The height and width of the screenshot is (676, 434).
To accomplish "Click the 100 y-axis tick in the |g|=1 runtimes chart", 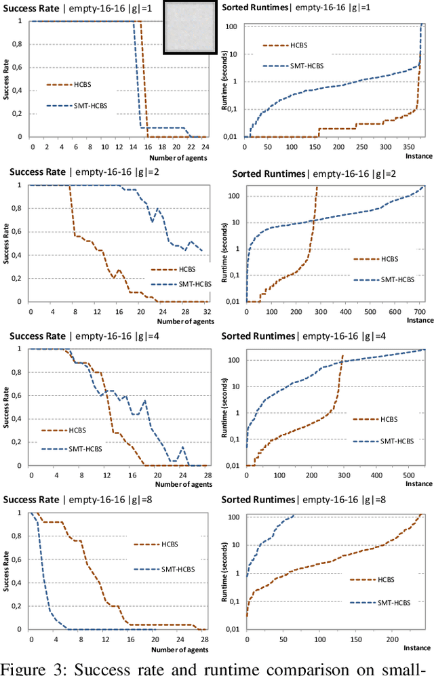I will click(231, 26).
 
